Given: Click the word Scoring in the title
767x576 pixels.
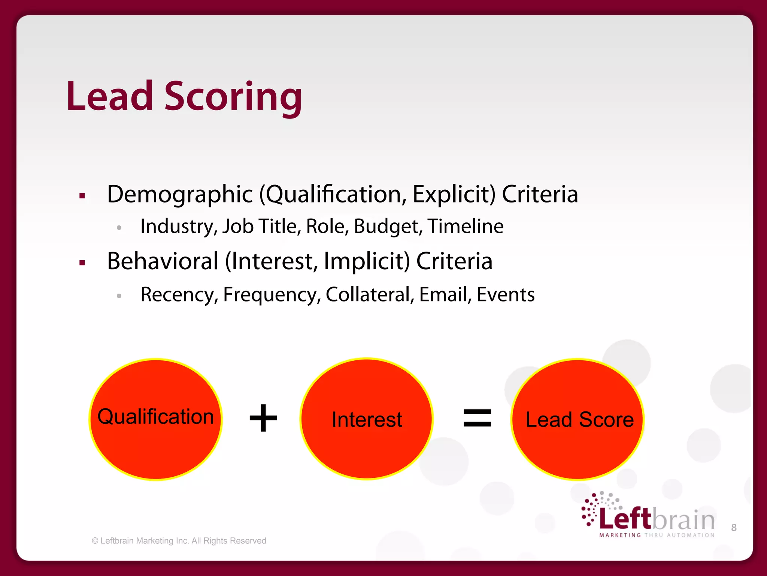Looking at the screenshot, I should (233, 97).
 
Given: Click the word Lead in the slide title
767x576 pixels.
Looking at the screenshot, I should (110, 97).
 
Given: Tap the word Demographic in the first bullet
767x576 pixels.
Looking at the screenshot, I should (180, 194).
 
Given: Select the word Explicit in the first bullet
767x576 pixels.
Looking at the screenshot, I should (454, 194).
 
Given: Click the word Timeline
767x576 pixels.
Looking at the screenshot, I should (466, 226).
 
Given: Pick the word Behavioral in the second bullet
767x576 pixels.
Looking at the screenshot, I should (163, 261).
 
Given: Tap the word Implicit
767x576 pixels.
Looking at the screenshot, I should (367, 261).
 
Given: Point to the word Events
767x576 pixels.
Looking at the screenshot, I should (505, 295).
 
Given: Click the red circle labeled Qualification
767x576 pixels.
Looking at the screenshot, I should (155, 442).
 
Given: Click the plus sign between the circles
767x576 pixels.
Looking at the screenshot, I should (263, 418).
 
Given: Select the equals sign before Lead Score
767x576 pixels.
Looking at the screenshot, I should (477, 418).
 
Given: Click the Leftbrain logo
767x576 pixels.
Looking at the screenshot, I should (648, 516).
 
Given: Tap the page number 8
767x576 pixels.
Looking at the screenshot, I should (734, 528).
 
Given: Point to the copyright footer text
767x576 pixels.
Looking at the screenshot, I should (179, 541).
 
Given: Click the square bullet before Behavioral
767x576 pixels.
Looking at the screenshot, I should (82, 263).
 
